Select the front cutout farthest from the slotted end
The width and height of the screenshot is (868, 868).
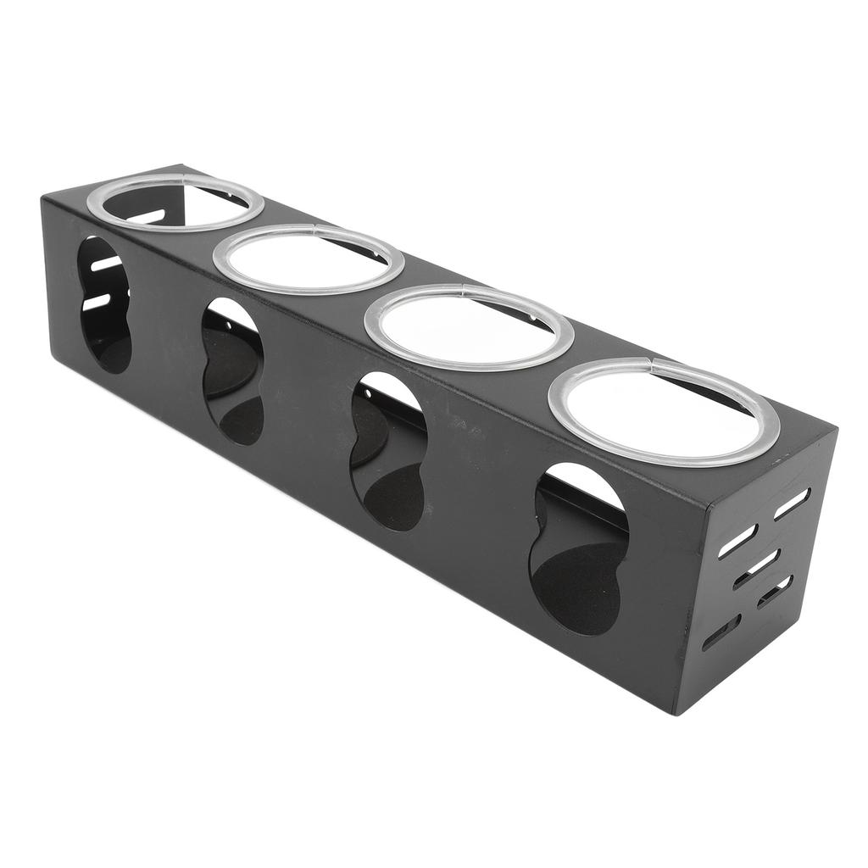point(104,304)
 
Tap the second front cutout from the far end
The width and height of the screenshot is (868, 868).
point(232,370)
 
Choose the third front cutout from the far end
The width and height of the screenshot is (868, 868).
point(388,452)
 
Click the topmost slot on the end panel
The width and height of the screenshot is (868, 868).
point(792,504)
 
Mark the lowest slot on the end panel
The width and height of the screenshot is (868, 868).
point(721,632)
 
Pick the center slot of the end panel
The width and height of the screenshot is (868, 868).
point(756,568)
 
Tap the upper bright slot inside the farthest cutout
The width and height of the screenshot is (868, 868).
point(107,264)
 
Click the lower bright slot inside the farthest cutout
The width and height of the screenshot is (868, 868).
point(96,302)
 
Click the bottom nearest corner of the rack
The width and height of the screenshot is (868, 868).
point(676,713)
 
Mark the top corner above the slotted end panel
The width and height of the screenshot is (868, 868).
point(835,431)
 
